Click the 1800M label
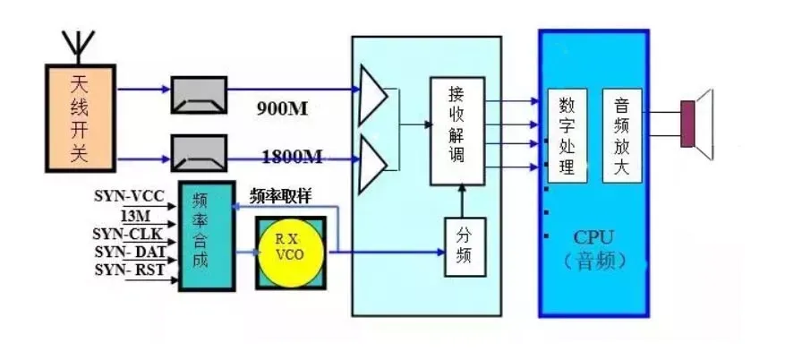pyautogui.click(x=292, y=158)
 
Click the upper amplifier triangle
pyautogui.click(x=372, y=94)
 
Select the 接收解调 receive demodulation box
pyautogui.click(x=456, y=131)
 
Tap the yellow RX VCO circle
pyautogui.click(x=291, y=252)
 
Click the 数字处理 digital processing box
pyautogui.click(x=566, y=136)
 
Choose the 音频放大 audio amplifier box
pyautogui.click(x=622, y=136)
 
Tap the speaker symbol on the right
pyautogui.click(x=697, y=124)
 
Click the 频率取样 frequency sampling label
pyautogui.click(x=281, y=196)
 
